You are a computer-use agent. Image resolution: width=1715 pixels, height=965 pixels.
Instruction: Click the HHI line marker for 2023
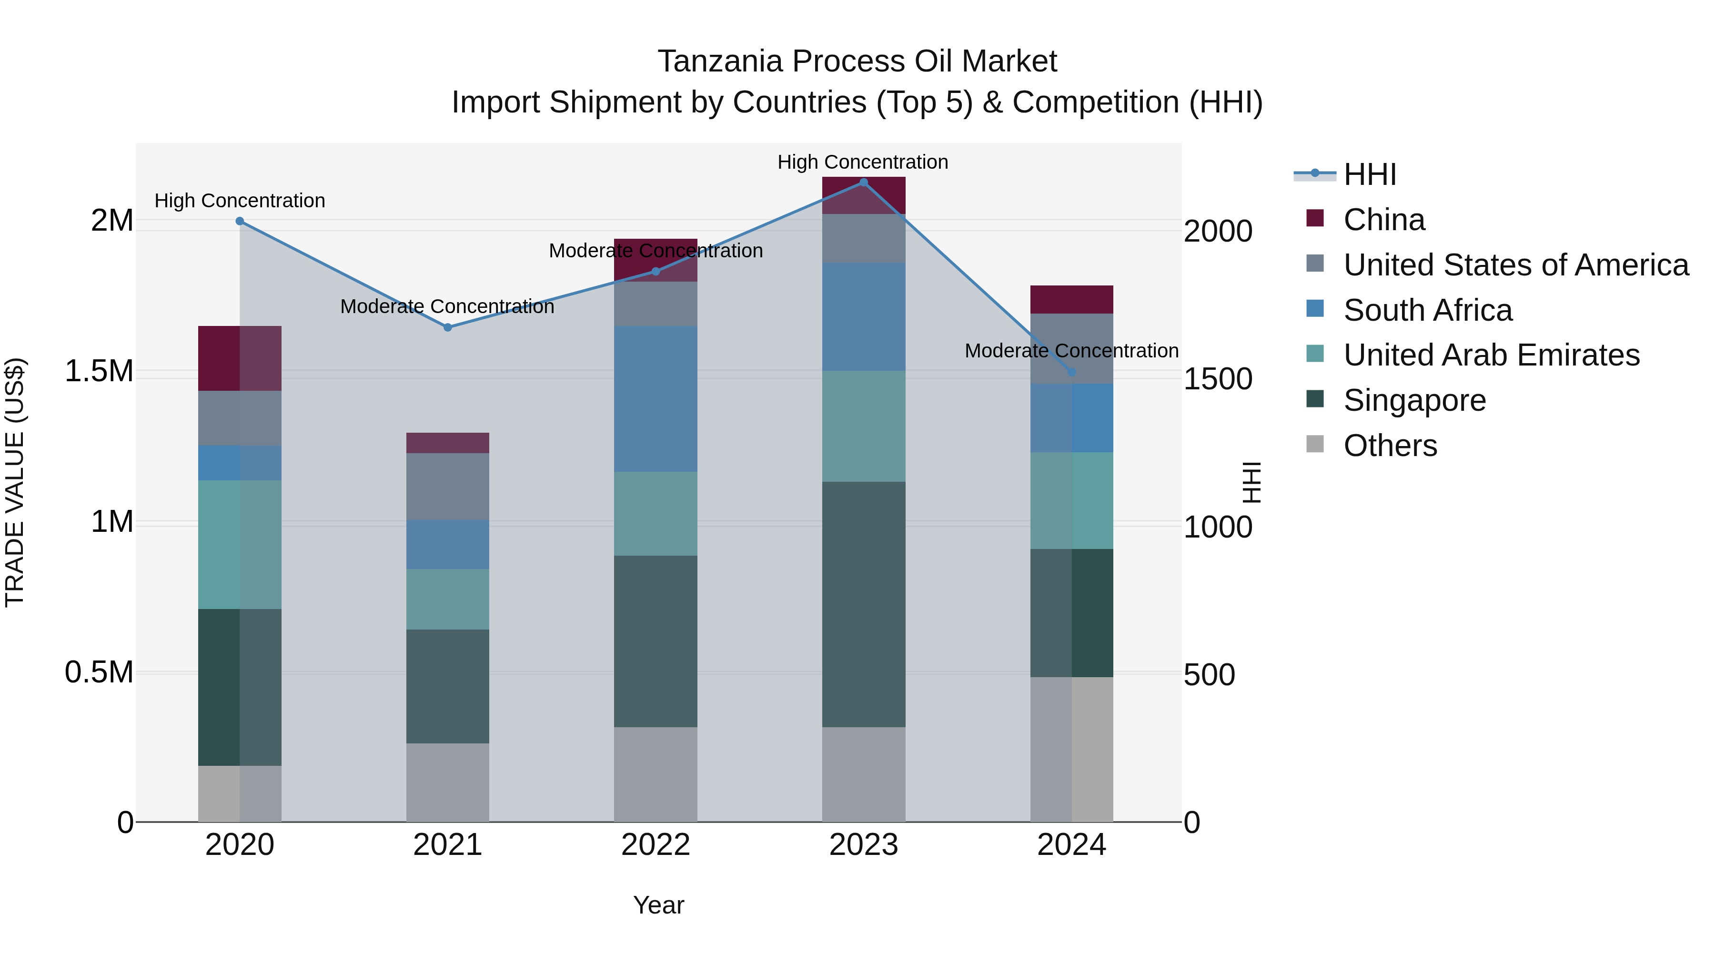(864, 183)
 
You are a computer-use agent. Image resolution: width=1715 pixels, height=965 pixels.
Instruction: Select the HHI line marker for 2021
(447, 328)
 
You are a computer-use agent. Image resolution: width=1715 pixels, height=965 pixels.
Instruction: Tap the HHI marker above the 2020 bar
(240, 221)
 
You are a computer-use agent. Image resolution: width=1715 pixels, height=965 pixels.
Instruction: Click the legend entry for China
(1383, 220)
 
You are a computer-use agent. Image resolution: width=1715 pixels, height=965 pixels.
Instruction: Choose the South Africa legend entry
(1427, 310)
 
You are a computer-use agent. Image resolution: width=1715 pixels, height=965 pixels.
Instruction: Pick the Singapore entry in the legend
(1414, 400)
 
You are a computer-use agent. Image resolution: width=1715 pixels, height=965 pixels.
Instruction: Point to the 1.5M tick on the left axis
(99, 371)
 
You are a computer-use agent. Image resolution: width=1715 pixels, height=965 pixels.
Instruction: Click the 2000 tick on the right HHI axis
(1218, 231)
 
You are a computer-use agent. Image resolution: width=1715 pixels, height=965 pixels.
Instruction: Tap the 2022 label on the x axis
(655, 845)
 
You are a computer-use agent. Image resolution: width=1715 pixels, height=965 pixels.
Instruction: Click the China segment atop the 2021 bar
(447, 443)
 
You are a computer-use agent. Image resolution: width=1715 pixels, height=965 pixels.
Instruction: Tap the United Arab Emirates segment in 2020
(240, 544)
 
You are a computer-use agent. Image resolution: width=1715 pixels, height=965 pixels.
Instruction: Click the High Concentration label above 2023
(862, 162)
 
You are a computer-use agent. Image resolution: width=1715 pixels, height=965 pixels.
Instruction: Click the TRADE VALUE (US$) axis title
(15, 482)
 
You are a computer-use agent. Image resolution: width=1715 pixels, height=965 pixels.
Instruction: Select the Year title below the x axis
(658, 905)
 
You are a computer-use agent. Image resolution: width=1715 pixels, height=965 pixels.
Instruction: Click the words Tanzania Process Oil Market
(857, 61)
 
